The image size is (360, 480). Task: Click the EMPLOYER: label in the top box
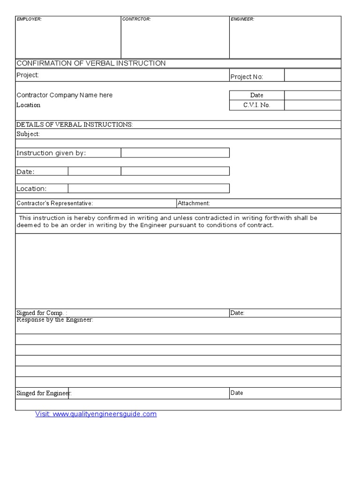click(29, 19)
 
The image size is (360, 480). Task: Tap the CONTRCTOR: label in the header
click(136, 19)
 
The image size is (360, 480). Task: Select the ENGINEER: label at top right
click(242, 19)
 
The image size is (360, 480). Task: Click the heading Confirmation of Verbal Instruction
click(91, 63)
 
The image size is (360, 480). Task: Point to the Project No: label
click(247, 77)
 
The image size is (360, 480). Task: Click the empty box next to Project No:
click(313, 75)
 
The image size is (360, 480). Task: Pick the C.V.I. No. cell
click(256, 105)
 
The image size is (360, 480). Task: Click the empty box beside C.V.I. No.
click(313, 105)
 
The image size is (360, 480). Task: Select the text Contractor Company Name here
click(65, 95)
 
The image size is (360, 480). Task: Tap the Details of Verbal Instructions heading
click(75, 125)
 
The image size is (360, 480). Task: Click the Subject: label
click(28, 134)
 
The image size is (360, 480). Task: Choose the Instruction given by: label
click(51, 153)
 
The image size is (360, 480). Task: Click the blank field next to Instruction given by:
click(175, 153)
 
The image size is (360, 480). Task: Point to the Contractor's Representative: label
click(54, 203)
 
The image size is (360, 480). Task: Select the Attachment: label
click(194, 203)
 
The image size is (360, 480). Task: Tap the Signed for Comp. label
click(42, 313)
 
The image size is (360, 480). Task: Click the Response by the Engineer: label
click(55, 320)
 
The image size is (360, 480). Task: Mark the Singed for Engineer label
click(44, 393)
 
